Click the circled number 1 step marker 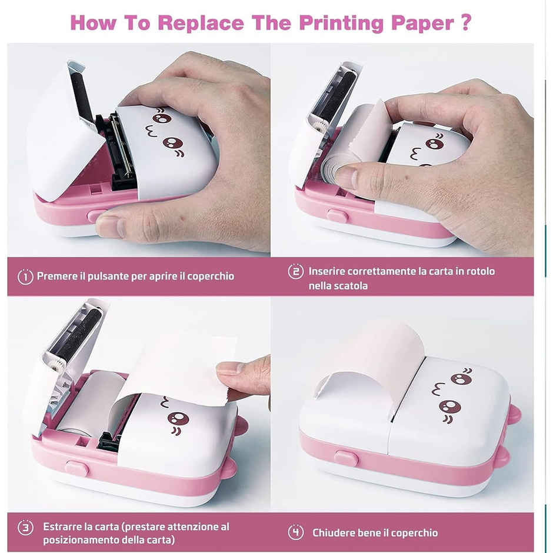tap(25, 276)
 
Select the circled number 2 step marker tap(295, 272)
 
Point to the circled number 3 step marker tap(25, 527)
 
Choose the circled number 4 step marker tap(295, 532)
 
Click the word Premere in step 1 tap(56, 276)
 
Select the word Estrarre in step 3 tap(63, 527)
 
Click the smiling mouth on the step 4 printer tap(441, 389)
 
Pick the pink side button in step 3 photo tap(77, 468)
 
